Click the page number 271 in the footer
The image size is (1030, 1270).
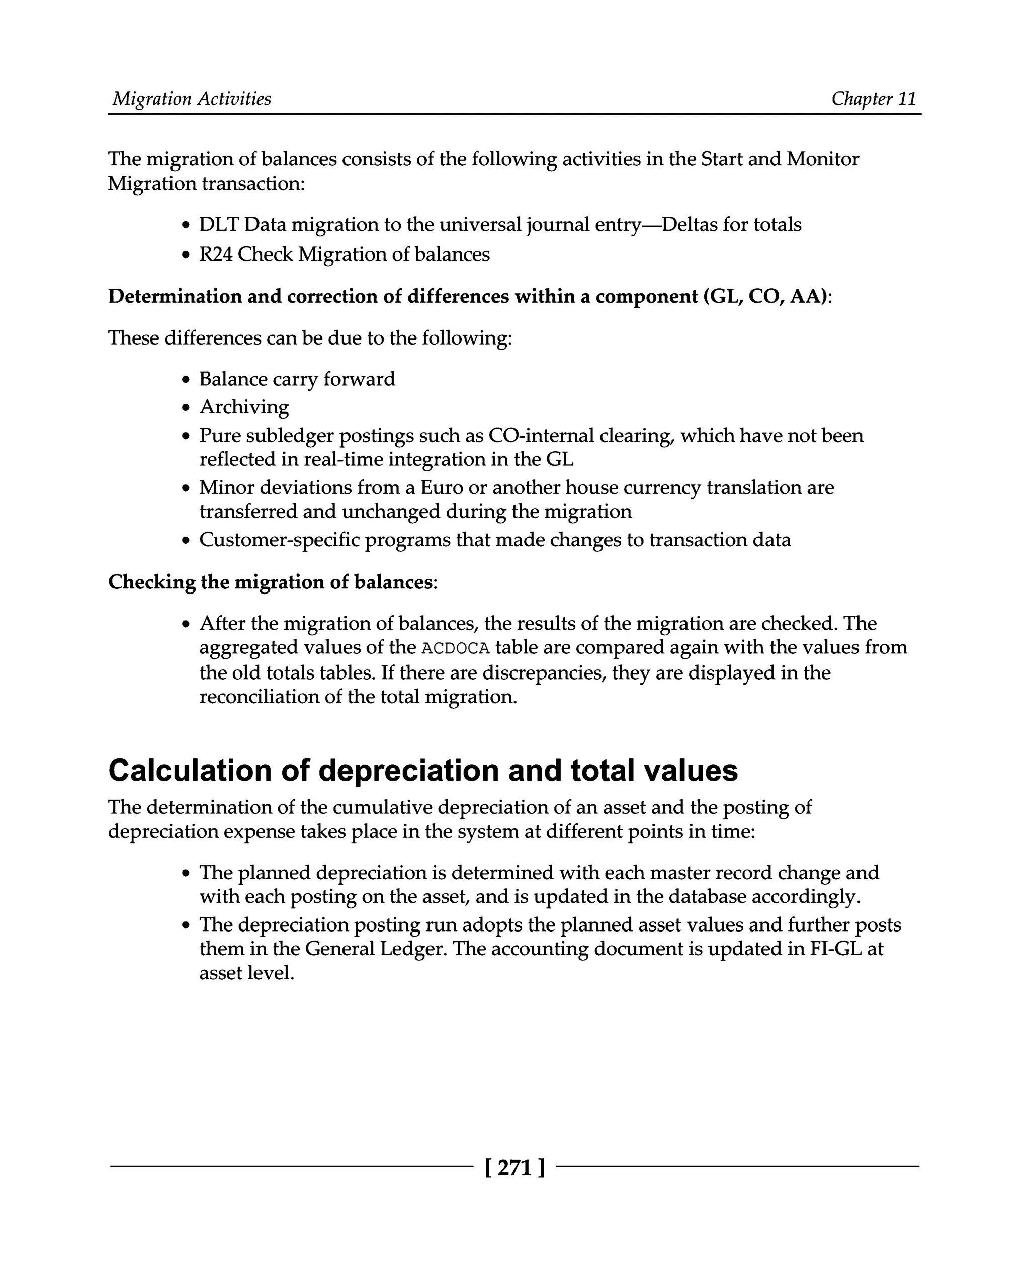[514, 1168]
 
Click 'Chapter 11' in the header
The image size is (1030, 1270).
[874, 99]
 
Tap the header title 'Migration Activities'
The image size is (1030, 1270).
[192, 99]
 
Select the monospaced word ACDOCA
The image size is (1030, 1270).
[455, 648]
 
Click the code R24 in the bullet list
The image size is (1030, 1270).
[215, 255]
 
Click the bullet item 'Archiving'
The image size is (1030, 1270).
[244, 407]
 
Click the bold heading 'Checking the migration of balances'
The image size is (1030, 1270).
[270, 582]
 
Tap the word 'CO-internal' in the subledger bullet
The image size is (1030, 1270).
[541, 436]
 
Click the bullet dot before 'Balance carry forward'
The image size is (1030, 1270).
[186, 380]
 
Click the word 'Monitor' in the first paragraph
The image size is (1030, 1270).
[822, 159]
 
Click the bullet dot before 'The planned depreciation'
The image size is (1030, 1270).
[186, 874]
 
